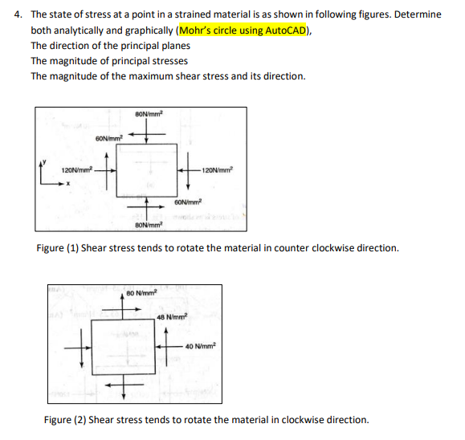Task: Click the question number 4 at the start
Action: coord(18,14)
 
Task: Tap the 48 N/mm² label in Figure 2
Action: coord(173,316)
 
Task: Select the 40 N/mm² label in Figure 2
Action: coord(201,346)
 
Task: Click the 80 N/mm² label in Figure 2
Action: coord(141,293)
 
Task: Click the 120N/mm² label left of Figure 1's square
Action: coord(77,170)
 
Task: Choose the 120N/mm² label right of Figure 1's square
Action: coord(218,170)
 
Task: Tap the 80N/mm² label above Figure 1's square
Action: coord(149,113)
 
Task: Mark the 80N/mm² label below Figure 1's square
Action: coord(149,225)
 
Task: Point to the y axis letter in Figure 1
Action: coord(44,162)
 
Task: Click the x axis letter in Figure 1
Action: coord(68,184)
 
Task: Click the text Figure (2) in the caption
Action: coord(65,420)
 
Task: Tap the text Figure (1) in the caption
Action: coord(58,248)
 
